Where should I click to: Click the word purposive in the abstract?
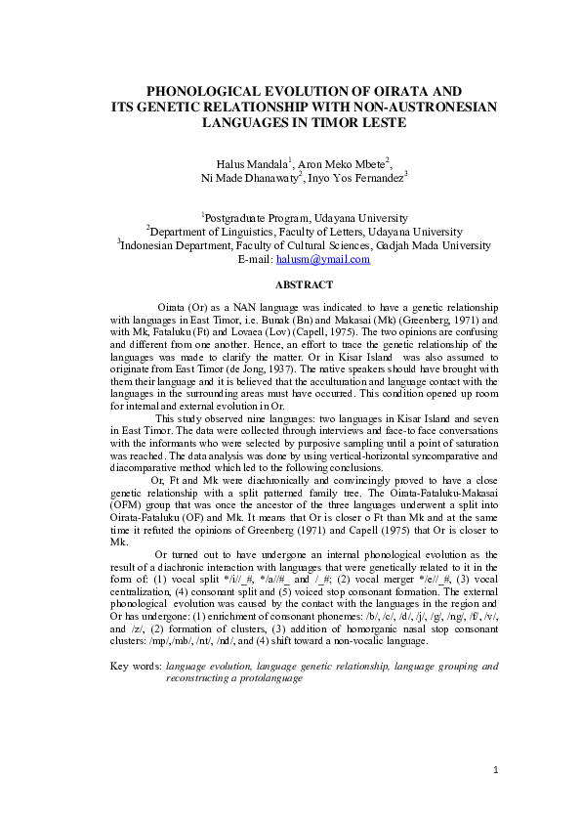click(x=306, y=443)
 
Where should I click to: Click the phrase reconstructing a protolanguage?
click(x=228, y=677)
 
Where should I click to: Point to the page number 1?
click(x=495, y=771)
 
